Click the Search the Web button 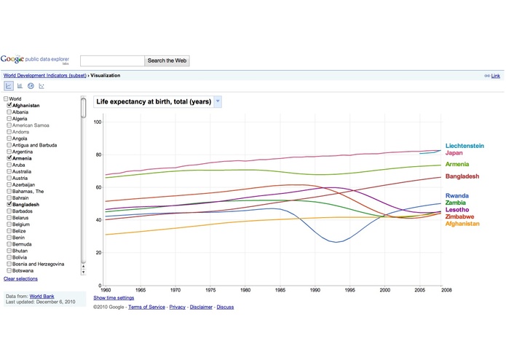[167, 61]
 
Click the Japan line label [456, 153]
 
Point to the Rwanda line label [457, 195]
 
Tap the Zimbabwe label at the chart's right [459, 217]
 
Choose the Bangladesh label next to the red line [462, 176]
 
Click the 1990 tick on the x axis [315, 290]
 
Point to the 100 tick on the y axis [98, 122]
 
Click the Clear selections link [20, 278]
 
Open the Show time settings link [114, 297]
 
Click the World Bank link [41, 297]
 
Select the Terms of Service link [146, 307]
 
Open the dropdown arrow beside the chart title [218, 101]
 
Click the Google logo [16, 60]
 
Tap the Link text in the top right [496, 76]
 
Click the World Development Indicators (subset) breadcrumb [45, 75]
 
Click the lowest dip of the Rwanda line [336, 241]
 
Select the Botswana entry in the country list [23, 270]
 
